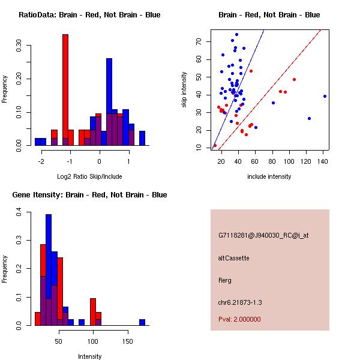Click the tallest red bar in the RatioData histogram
point(65,90)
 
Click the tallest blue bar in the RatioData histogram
point(109,102)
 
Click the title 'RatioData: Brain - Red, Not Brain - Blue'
point(89,15)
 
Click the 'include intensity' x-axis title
point(269,176)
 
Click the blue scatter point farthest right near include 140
point(325,96)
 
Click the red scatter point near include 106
point(294,79)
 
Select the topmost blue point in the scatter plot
point(236,35)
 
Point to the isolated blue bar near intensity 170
point(142,322)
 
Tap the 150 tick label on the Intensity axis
point(127,341)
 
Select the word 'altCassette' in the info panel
point(233,258)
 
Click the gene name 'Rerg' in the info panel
point(225,280)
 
